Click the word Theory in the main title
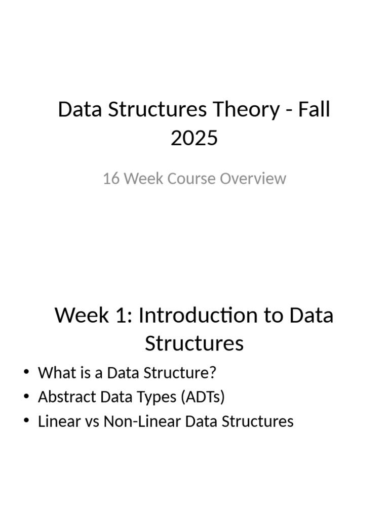[x=246, y=110]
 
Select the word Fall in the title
[x=314, y=109]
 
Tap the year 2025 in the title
[x=194, y=138]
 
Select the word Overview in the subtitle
[x=253, y=179]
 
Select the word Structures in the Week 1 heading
[x=194, y=343]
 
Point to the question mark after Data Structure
[x=213, y=373]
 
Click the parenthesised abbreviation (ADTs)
[x=203, y=397]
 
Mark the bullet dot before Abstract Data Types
[x=26, y=396]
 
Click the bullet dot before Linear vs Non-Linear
[x=26, y=420]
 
